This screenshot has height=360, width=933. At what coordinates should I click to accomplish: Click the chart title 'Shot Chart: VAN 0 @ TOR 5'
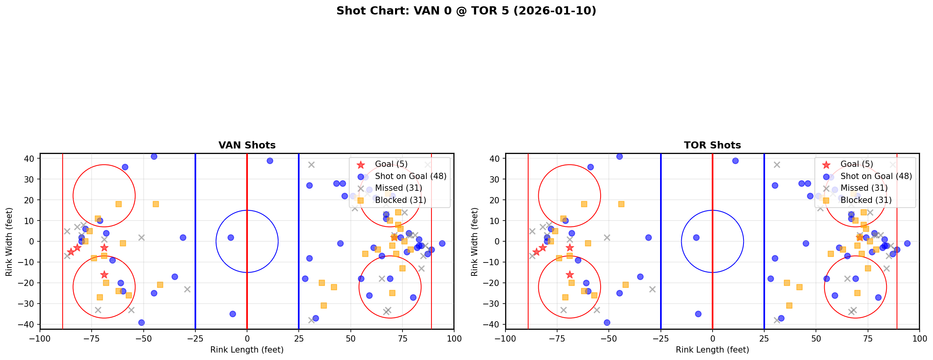[x=466, y=11]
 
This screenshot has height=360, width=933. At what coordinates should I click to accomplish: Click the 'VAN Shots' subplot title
[x=247, y=145]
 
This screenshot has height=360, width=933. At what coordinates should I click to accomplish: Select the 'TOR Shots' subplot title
[x=712, y=145]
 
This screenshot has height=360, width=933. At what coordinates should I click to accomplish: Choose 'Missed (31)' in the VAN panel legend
[x=398, y=188]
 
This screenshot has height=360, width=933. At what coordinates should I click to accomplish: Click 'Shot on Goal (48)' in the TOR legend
[x=876, y=176]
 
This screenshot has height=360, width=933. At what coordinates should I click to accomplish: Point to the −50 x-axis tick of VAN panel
[x=143, y=338]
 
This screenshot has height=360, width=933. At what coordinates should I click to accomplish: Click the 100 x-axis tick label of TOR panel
[x=919, y=338]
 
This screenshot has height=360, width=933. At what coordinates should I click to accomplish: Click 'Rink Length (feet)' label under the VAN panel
[x=247, y=350]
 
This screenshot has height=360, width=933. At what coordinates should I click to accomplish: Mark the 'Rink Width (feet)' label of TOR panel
[x=475, y=242]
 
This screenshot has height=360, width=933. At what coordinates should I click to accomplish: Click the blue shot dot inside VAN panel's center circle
[x=231, y=237]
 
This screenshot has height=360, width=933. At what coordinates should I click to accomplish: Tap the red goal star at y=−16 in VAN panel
[x=104, y=275]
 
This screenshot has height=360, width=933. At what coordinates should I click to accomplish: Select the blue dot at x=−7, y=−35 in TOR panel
[x=698, y=314]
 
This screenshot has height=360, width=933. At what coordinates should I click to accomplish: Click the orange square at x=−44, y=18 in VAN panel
[x=156, y=204]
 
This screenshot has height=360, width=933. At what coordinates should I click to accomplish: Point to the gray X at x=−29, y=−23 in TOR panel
[x=652, y=289]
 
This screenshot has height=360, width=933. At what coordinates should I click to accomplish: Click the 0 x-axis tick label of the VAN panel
[x=247, y=338]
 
